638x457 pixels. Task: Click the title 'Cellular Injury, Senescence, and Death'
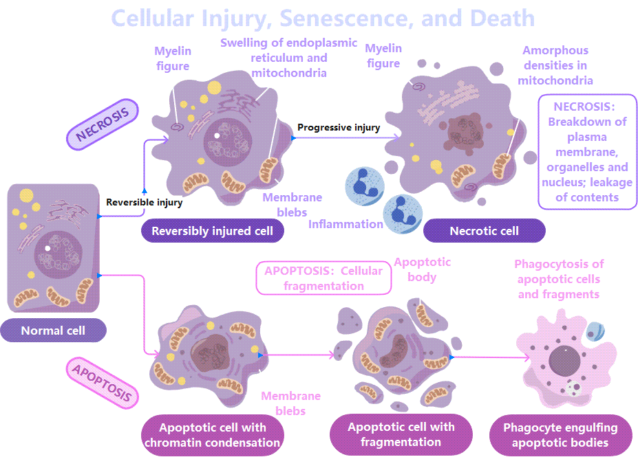[x=323, y=18]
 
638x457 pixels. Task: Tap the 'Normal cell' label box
[x=53, y=331]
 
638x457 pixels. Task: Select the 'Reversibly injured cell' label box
[x=212, y=231]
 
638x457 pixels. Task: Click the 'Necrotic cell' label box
[x=484, y=231]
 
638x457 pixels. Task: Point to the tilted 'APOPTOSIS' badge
[x=103, y=383]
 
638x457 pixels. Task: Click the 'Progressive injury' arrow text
[x=339, y=127]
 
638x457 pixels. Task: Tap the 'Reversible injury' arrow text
[x=145, y=202]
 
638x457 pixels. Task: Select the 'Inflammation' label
[x=345, y=224]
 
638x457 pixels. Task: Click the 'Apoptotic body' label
[x=422, y=269]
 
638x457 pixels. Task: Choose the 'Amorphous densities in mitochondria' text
[x=555, y=65]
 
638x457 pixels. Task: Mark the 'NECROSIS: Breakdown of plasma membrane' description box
[x=587, y=151]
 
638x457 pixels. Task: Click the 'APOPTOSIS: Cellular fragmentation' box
[x=323, y=278]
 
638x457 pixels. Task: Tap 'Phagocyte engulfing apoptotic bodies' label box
[x=560, y=435]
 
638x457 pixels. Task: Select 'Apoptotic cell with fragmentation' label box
[x=401, y=434]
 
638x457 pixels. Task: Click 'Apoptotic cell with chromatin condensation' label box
[x=212, y=435]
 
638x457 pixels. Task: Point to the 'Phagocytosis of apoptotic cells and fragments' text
[x=559, y=279]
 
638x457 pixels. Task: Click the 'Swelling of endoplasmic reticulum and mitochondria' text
[x=288, y=57]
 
